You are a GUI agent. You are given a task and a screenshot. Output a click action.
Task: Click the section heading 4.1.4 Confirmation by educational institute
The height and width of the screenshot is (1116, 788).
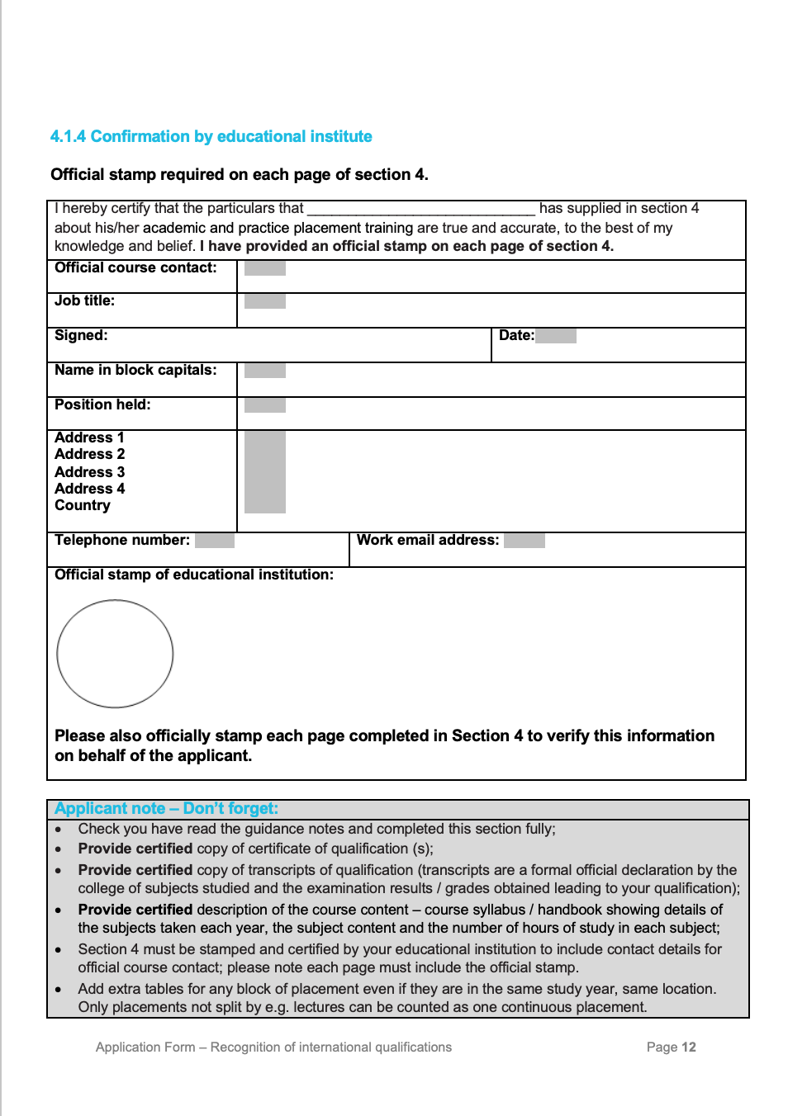coord(211,136)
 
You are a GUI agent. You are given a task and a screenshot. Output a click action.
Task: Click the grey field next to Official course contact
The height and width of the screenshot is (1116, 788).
coord(264,268)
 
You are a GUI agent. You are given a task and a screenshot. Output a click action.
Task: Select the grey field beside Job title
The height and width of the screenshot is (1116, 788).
coord(264,301)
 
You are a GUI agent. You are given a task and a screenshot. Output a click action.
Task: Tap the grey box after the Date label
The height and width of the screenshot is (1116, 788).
coord(555,336)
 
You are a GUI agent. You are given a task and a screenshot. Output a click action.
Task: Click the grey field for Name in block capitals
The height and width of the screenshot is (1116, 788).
coord(264,371)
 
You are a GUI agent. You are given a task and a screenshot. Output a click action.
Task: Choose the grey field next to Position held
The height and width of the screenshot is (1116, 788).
coord(264,405)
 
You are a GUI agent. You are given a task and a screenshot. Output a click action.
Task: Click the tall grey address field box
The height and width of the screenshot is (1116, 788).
coord(264,472)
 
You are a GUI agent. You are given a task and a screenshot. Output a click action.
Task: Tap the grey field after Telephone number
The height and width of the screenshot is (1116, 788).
coord(215,541)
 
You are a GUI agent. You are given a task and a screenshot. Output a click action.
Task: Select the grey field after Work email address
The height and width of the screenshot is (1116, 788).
coord(524,541)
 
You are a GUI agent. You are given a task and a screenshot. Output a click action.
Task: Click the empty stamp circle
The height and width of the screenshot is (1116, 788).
coord(115,654)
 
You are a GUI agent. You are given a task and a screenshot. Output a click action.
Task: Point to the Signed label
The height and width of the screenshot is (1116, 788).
coord(81,335)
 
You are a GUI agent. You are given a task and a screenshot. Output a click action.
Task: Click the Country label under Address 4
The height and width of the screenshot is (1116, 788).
coord(82,505)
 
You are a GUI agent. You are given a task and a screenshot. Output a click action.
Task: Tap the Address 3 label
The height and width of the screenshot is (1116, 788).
coord(89,472)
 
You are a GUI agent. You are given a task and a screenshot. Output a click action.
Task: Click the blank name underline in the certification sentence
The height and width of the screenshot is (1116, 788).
coord(421,209)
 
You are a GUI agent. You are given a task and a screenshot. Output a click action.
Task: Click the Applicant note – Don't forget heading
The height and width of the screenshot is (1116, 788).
coord(166,809)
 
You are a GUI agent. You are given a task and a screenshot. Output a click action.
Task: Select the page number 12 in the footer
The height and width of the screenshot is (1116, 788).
coord(689,1047)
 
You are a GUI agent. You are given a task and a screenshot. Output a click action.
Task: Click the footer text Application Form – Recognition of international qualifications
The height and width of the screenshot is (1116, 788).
coord(273,1047)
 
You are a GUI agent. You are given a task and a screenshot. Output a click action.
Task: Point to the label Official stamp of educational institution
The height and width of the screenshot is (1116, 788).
coord(194,575)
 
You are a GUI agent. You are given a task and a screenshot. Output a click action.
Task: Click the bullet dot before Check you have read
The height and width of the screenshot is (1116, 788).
coord(58,830)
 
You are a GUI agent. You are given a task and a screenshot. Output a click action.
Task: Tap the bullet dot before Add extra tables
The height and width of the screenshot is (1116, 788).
coord(58,990)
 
